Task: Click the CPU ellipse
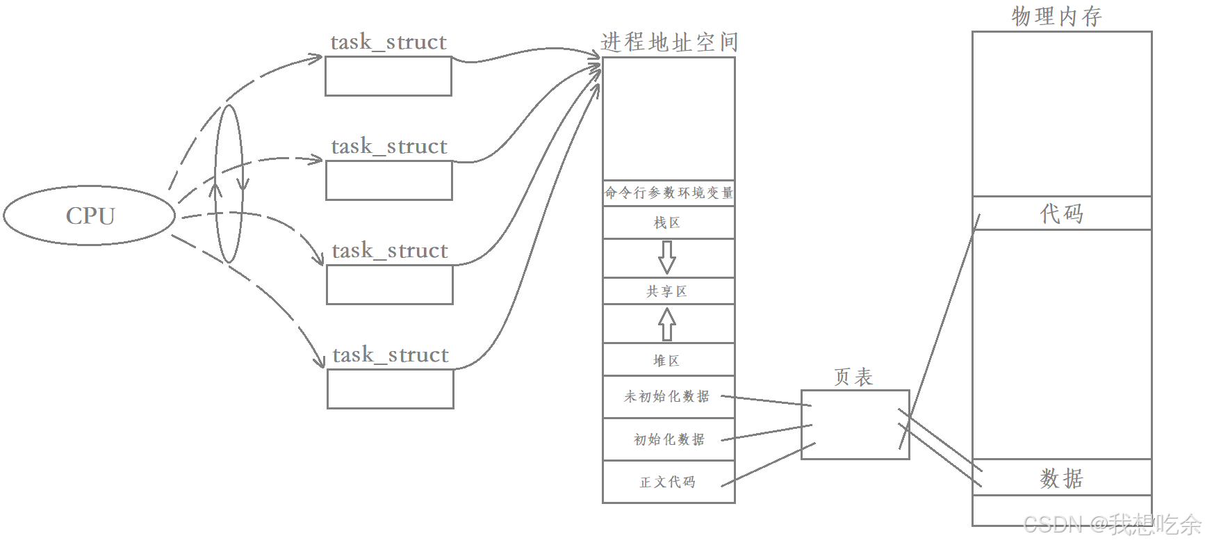90,215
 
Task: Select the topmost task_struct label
388,42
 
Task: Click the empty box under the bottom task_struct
390,389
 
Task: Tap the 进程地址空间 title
669,42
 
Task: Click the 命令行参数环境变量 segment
669,193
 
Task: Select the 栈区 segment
668,223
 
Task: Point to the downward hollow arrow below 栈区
667,257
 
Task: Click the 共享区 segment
668,291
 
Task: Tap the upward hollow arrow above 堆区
667,324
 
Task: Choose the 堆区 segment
668,360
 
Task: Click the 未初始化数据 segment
667,396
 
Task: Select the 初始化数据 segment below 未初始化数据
669,439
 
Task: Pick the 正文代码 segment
668,482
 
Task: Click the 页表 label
853,377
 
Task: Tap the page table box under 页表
855,424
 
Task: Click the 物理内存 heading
1056,16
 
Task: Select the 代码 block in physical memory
1061,213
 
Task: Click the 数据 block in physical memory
1061,478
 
